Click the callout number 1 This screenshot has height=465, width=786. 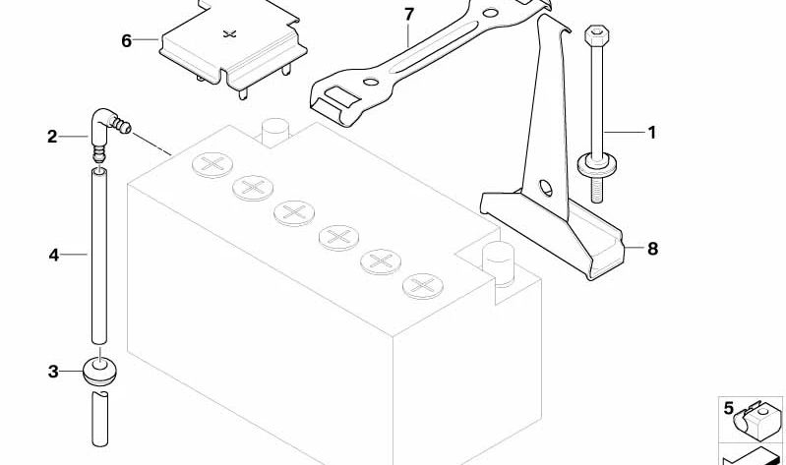(x=651, y=133)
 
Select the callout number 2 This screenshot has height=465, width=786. (x=53, y=137)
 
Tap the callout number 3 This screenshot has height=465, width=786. (x=53, y=372)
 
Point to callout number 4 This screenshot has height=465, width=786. (x=54, y=255)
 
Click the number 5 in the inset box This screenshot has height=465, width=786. (x=729, y=408)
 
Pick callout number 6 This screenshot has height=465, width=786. (x=126, y=40)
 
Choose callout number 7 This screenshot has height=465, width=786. (x=409, y=15)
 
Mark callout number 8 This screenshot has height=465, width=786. (x=652, y=249)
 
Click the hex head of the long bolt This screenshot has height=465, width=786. (x=596, y=36)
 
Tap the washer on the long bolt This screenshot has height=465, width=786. (x=596, y=165)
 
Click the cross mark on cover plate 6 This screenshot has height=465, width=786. (x=229, y=34)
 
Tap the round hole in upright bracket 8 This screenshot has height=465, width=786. (x=546, y=188)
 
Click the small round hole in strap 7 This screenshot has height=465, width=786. (x=371, y=82)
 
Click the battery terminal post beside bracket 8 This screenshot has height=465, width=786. (x=498, y=263)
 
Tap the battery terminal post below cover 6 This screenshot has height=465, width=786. (x=275, y=132)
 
